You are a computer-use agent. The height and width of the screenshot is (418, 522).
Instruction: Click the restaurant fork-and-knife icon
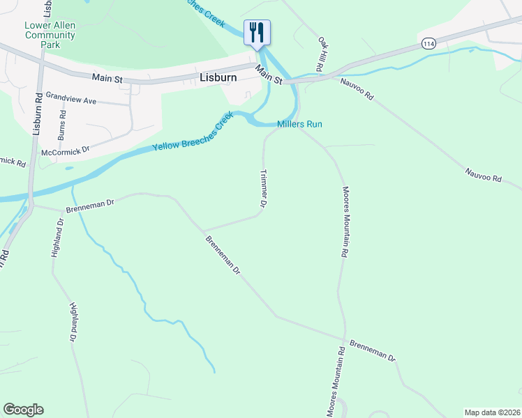coord(257,32)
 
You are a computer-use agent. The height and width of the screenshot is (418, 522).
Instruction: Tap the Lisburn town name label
coord(218,78)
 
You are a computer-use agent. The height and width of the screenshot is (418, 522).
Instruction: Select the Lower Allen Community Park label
coord(50,35)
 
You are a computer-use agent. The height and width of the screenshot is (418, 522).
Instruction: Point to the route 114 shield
coord(428,43)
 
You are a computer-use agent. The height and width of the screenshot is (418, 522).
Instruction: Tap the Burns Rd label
coord(63,122)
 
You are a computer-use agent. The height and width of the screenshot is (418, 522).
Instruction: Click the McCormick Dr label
coord(66,149)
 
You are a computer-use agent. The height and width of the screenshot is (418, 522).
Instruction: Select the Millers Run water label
coord(299,125)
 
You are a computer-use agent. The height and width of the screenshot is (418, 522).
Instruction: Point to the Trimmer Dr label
coord(264,189)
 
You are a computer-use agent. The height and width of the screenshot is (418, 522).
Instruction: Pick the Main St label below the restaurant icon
coord(269,74)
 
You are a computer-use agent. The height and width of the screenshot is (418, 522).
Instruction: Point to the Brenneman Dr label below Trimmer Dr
coord(223,254)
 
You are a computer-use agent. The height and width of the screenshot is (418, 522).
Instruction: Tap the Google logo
coord(23,410)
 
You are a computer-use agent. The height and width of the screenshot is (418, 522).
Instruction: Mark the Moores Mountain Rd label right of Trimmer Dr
coord(344,223)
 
